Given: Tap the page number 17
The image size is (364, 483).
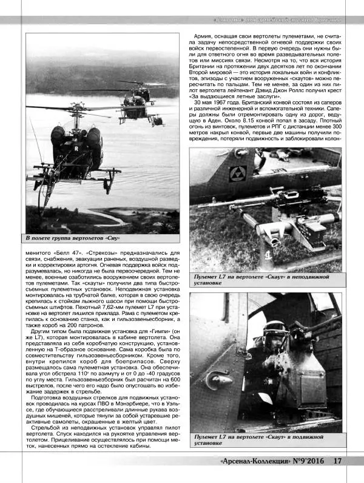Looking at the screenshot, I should [x=338, y=461].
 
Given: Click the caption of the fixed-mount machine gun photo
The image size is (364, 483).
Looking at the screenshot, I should [x=259, y=279].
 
